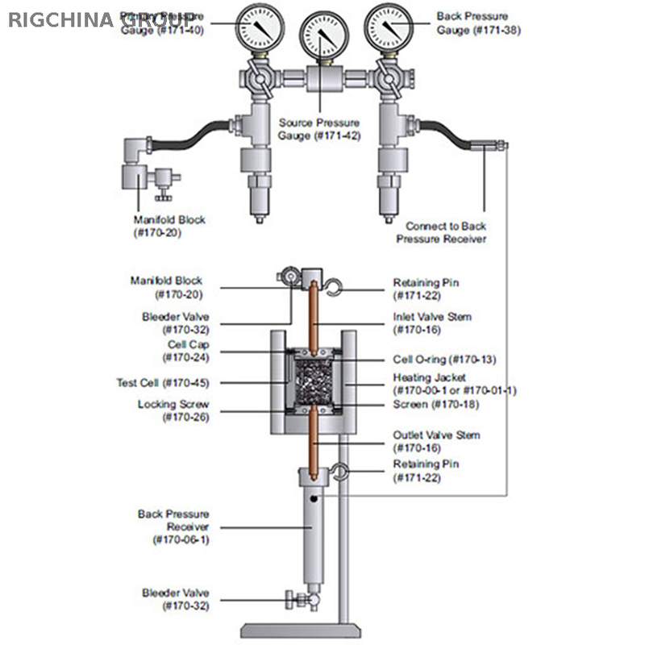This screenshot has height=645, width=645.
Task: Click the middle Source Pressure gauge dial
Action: click(x=320, y=33)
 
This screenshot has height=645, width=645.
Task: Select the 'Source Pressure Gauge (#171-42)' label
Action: click(x=319, y=129)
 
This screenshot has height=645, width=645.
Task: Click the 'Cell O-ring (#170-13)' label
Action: click(x=443, y=359)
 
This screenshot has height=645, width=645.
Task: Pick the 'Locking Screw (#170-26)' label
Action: click(x=173, y=410)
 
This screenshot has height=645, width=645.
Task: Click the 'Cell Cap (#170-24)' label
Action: click(x=183, y=350)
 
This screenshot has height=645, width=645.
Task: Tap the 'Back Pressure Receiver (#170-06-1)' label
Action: click(x=173, y=526)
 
